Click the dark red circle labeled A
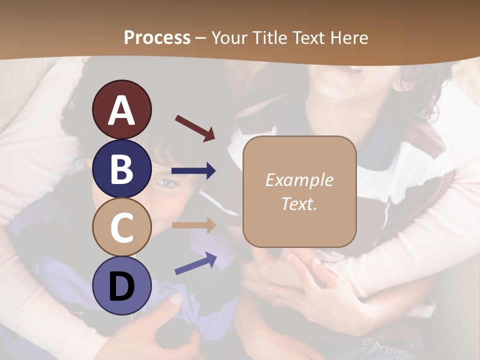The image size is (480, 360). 121,109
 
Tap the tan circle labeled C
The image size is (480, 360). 121,227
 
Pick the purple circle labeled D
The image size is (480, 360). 121,285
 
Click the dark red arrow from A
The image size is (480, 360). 195,128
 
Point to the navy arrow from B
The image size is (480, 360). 193,171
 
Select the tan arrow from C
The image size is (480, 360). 193,225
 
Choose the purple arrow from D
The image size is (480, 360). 195,263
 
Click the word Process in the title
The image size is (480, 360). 157,38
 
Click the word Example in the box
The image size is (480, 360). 299,180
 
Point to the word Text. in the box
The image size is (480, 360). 299,203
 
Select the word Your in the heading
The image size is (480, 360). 229,38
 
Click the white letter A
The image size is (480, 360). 121,110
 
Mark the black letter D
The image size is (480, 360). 121,286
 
